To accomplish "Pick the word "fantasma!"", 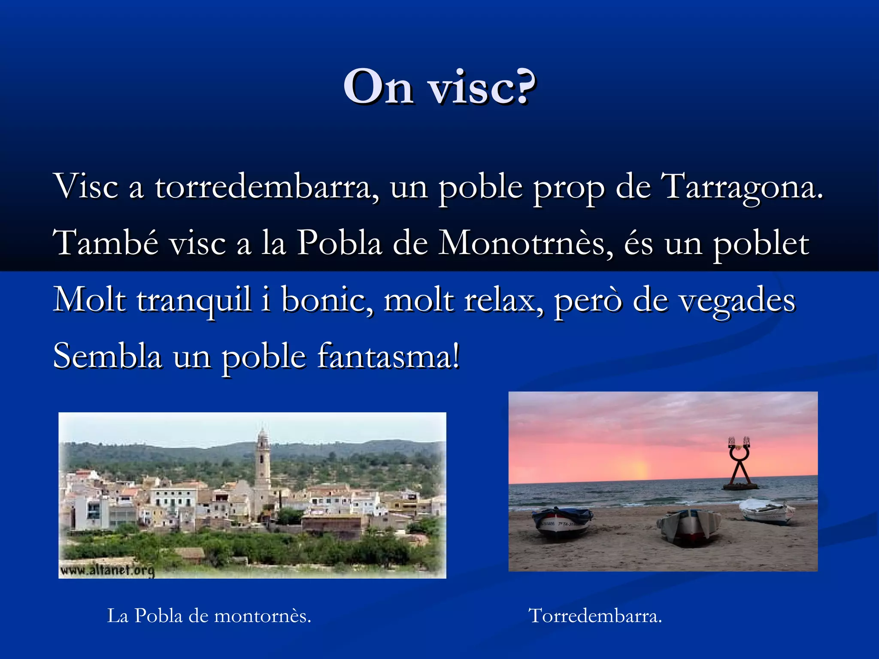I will point(389,356).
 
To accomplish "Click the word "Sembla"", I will point(107,356).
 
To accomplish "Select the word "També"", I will point(106,243).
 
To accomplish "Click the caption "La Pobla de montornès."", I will point(209,616).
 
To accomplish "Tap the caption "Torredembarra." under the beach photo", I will point(595,616).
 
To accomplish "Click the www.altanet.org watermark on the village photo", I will point(107,570).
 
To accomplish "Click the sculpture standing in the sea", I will point(739,466).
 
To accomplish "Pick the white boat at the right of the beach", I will point(767,511).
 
